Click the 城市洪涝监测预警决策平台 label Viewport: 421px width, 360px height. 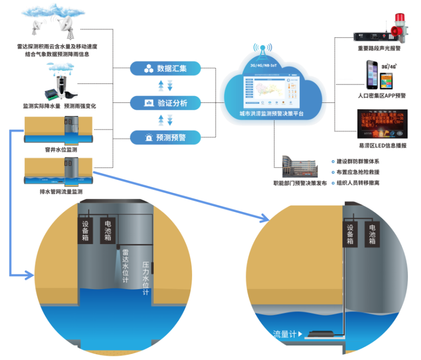[271, 113]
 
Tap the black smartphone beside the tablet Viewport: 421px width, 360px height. [372, 75]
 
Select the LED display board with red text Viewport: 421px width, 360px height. [382, 123]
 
